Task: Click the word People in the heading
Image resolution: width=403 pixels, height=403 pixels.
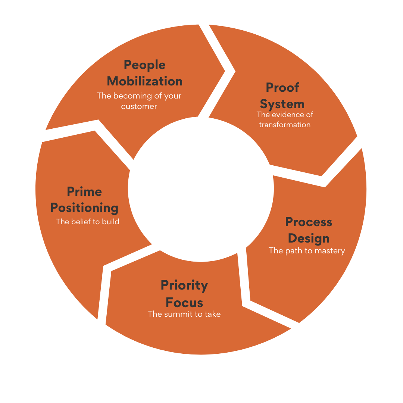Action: pos(144,65)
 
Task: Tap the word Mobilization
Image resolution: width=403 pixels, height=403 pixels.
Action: pos(144,81)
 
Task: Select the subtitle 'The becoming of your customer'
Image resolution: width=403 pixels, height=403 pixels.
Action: pos(139,101)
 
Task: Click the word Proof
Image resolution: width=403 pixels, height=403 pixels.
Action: pos(282,88)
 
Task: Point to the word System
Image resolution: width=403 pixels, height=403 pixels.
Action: pos(282,104)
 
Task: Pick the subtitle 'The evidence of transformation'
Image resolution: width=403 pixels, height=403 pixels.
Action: pos(285,119)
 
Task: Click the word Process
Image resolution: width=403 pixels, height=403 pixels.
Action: pos(309,222)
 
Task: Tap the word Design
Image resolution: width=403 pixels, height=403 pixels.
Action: pos(309,238)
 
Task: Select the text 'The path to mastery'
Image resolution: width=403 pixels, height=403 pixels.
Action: pos(307,251)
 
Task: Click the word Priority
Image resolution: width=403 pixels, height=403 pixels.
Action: pos(184,285)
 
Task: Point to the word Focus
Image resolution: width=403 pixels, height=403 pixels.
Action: pos(184,302)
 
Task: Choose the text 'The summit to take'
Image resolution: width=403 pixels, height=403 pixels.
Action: pos(184,314)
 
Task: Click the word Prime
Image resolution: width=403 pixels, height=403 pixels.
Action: pos(84,192)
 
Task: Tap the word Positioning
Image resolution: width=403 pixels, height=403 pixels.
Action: pos(84,208)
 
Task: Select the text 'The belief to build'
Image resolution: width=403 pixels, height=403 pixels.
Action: pos(87,222)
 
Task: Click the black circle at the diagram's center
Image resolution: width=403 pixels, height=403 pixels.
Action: pos(201,188)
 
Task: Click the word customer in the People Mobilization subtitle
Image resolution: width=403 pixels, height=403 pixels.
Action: pos(139,106)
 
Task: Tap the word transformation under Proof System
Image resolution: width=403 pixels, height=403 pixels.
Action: pos(285,125)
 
